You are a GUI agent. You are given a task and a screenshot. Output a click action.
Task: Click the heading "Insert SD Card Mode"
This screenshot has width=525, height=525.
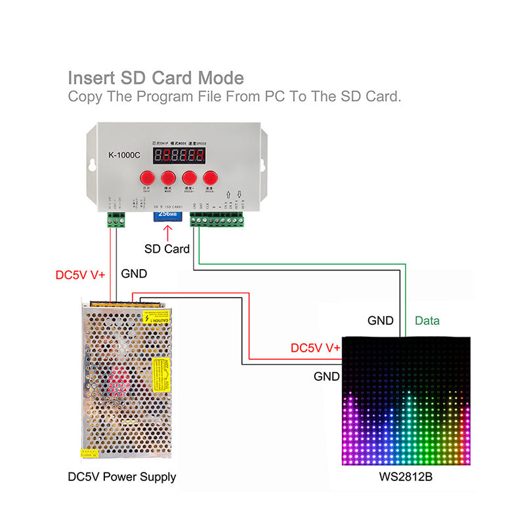point(156,78)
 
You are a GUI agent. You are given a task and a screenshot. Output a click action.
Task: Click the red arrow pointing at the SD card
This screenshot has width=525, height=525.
point(167,232)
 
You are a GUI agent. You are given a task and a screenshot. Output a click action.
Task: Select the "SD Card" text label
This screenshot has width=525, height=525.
point(167,249)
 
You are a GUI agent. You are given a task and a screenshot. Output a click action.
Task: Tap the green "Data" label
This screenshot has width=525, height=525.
point(427,321)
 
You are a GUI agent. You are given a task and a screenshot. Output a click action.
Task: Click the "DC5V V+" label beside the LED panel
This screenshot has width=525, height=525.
point(315,348)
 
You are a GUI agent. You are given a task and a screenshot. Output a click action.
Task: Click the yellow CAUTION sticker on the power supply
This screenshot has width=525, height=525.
point(157,318)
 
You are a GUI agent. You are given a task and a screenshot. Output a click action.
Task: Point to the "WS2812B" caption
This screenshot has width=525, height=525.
point(406,477)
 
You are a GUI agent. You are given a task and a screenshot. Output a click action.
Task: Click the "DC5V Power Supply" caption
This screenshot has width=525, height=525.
point(122,477)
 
